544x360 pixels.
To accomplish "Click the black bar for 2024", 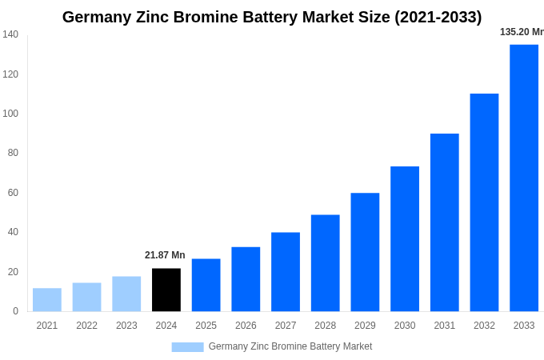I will [166, 290].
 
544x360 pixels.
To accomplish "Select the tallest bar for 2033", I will [524, 178].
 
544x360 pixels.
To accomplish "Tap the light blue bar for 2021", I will [47, 299].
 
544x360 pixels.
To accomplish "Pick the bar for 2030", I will [405, 238].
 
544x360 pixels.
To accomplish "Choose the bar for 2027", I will [286, 271].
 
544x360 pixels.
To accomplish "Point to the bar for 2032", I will [484, 202].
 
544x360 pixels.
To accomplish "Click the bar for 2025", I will [206, 285].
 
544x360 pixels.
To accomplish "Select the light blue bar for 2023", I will [126, 294].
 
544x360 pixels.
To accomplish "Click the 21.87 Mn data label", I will [165, 255].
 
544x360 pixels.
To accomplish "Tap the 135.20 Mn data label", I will [522, 32].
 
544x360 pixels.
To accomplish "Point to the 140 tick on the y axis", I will [10, 34].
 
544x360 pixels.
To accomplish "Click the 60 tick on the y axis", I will [13, 193].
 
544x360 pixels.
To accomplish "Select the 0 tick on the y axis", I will [15, 311].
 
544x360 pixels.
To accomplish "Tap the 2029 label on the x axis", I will [365, 326].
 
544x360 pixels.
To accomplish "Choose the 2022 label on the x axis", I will [86, 326].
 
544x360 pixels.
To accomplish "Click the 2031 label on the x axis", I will [444, 326].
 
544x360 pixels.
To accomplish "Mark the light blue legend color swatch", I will [187, 347].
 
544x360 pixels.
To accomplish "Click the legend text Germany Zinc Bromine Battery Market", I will [290, 346].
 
